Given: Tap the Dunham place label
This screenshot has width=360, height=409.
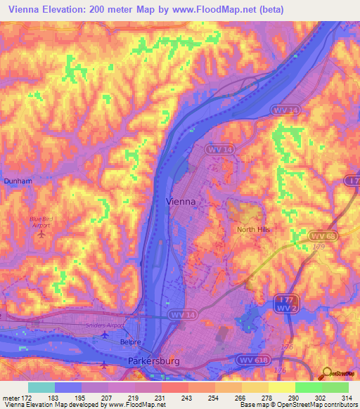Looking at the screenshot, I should tap(18, 181).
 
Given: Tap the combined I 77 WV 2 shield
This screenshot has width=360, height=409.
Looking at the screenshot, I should tap(283, 304).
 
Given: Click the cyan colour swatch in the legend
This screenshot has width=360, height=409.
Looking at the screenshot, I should tap(41, 387).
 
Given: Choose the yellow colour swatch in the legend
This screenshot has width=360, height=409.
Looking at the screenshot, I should tap(281, 387).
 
